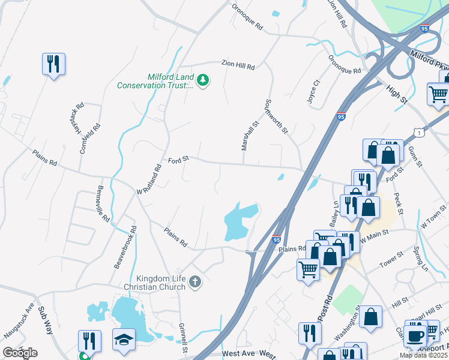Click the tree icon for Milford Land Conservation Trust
pyautogui.click(x=203, y=80)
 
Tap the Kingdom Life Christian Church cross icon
pyautogui.click(x=194, y=281)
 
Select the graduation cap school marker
pyautogui.click(x=124, y=340)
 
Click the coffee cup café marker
pyautogui.click(x=414, y=334)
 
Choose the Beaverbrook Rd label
pyautogui.click(x=125, y=247)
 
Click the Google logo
pyautogui.click(x=20, y=352)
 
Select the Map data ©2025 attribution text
pyautogui.click(x=423, y=355)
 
